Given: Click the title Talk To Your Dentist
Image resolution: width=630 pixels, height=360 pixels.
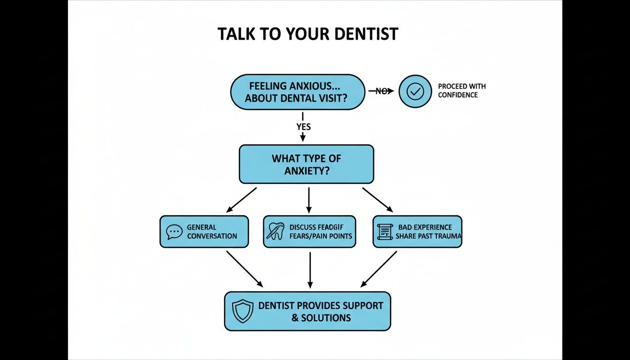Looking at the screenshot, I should [x=308, y=34].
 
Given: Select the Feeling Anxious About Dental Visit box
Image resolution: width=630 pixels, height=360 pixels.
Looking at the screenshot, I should [x=297, y=92].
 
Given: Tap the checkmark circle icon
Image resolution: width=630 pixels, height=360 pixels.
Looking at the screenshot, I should [x=415, y=92].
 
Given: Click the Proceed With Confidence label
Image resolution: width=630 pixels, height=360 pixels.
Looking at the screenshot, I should [x=461, y=90].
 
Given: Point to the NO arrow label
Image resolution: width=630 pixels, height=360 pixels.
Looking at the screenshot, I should [x=382, y=91].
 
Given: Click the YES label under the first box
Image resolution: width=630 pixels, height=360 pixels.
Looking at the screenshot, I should [x=303, y=127].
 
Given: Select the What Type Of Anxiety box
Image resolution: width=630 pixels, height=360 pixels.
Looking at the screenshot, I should [x=306, y=164].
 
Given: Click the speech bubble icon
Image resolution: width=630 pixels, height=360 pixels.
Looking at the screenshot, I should [x=174, y=232].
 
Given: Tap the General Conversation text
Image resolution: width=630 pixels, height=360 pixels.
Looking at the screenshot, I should [x=212, y=232].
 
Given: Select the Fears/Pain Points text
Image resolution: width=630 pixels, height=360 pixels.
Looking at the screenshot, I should [x=321, y=236].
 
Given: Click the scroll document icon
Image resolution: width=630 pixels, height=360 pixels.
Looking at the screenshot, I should [x=384, y=232].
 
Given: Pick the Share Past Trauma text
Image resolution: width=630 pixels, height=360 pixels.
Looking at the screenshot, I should [x=428, y=236].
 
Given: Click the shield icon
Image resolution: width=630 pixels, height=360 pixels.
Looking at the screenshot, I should [x=243, y=311].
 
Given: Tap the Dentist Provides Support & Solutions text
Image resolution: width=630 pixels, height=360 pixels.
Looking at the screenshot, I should [x=321, y=311].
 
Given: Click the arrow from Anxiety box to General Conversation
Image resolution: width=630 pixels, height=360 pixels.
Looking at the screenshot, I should [x=241, y=200].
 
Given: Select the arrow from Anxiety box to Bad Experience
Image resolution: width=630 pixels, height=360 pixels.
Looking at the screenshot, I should [x=377, y=200].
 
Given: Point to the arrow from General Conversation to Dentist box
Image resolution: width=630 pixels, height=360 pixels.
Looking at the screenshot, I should [x=244, y=269].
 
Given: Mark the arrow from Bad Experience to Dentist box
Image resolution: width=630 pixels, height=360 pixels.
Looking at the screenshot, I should [x=379, y=269].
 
